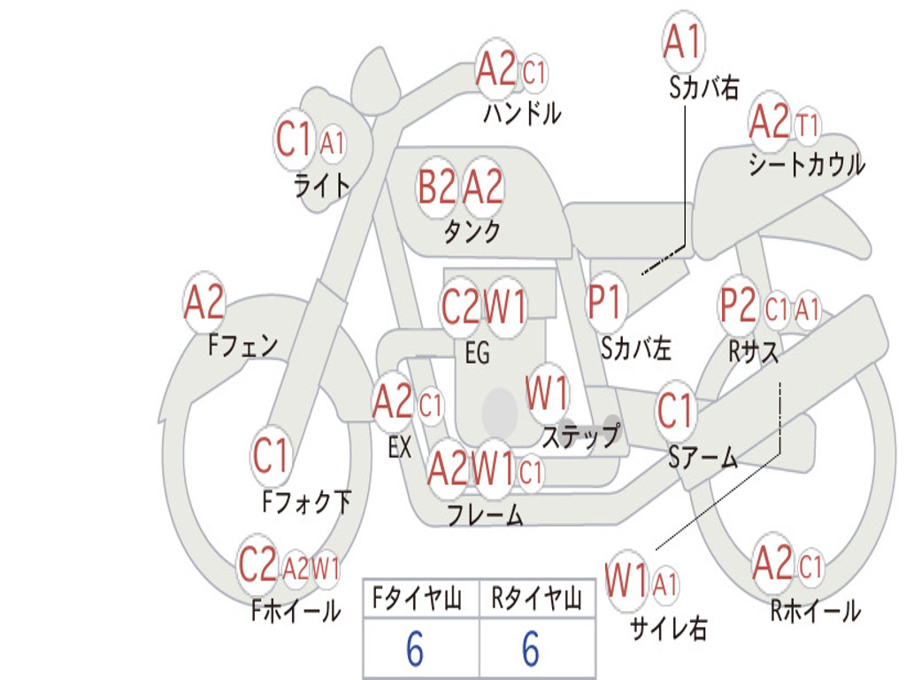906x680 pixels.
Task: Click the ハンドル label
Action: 522,112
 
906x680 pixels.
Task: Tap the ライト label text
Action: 322,186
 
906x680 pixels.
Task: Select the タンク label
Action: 472,231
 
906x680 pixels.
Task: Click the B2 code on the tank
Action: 436,187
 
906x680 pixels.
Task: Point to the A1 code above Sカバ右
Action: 683,42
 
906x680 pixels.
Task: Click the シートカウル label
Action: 807,164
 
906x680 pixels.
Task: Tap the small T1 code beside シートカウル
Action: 807,125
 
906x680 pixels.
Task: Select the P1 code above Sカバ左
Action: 604,302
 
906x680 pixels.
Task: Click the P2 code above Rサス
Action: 737,305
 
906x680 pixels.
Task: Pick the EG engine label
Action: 477,352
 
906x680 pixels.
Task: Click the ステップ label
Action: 580,435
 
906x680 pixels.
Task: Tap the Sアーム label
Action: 703,458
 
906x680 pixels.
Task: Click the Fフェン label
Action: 242,345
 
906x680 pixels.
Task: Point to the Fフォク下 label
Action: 307,501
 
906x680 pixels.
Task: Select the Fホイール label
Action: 296,610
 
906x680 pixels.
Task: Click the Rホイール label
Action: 815,610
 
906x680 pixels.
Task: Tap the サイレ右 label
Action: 669,628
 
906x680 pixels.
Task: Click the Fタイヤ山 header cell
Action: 418,598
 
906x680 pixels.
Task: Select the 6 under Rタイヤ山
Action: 531,649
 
